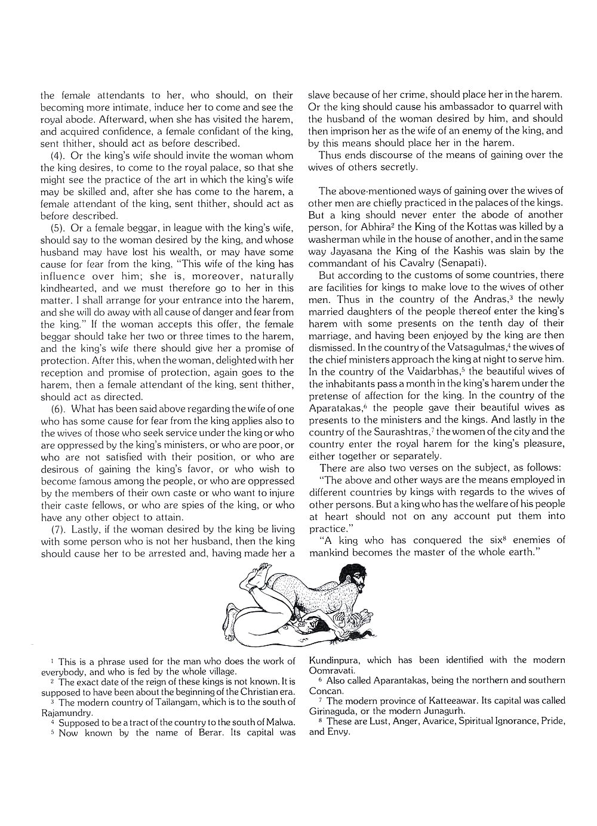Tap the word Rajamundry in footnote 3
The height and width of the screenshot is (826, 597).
(x=67, y=713)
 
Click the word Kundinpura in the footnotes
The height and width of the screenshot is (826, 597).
(x=335, y=660)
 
